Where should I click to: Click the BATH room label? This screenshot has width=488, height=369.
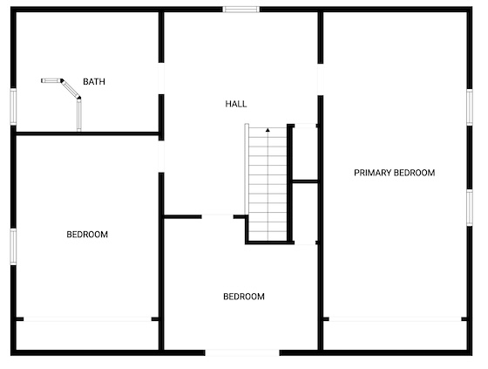click(94, 82)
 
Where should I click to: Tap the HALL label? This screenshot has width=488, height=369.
click(236, 104)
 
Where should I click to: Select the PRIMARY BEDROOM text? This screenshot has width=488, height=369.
click(394, 173)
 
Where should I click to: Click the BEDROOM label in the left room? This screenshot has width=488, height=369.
click(87, 235)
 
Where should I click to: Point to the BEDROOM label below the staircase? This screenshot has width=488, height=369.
click(244, 297)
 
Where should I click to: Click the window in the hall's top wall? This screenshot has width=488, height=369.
click(241, 10)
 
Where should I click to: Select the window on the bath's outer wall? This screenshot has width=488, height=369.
click(13, 106)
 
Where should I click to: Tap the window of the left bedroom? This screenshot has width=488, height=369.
click(13, 247)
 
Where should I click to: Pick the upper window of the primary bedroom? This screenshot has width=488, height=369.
click(470, 107)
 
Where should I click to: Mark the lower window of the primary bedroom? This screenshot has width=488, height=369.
click(470, 208)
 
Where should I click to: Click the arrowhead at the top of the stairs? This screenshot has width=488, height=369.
click(268, 130)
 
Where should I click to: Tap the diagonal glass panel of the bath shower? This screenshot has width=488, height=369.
click(71, 89)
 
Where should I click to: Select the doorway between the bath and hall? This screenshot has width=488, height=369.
click(161, 79)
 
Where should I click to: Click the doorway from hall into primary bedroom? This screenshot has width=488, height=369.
click(321, 79)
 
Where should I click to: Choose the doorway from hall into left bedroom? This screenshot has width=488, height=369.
click(161, 156)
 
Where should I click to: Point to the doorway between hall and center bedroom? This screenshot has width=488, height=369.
click(218, 216)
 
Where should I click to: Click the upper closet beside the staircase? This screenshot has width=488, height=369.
click(306, 153)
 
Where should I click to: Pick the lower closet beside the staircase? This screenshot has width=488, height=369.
click(306, 213)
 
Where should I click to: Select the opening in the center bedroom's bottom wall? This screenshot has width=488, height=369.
click(242, 352)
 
